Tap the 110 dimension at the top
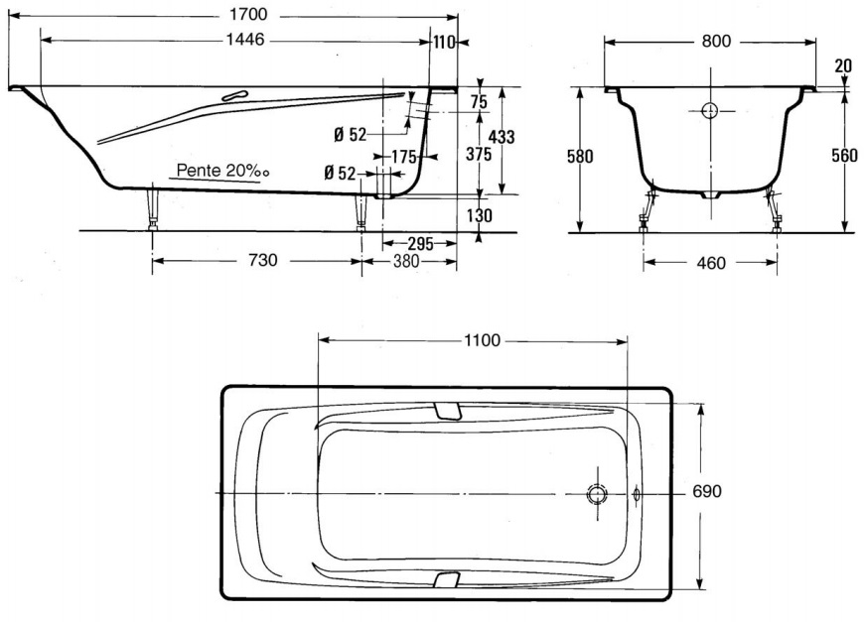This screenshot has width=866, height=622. pyautogui.click(x=444, y=41)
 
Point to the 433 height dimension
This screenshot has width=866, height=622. pyautogui.click(x=503, y=137)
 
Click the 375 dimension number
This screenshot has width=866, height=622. pyautogui.click(x=479, y=155)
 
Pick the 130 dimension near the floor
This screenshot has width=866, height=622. pyautogui.click(x=478, y=217)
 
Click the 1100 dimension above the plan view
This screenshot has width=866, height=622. pyautogui.click(x=482, y=340)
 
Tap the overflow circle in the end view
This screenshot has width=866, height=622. pyautogui.click(x=711, y=111)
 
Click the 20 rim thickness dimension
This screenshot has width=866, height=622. pyautogui.click(x=843, y=66)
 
